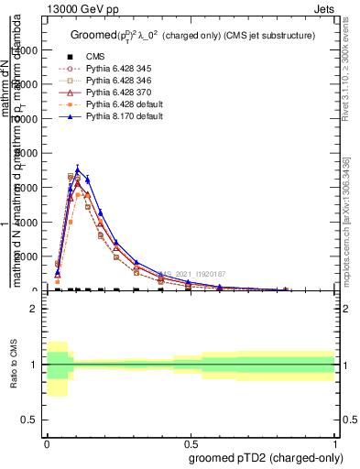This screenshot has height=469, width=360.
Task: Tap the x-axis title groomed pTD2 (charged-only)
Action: (261, 457)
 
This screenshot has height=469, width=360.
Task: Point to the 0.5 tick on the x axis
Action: (191, 442)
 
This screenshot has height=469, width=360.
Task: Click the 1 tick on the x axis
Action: (334, 442)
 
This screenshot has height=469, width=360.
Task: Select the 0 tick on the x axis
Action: (47, 442)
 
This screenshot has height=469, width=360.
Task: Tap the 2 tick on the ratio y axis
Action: (34, 309)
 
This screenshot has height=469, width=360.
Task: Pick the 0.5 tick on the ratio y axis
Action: (30, 420)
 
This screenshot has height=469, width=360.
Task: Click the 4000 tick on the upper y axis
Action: (28, 222)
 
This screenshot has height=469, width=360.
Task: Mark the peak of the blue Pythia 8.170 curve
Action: (78, 169)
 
